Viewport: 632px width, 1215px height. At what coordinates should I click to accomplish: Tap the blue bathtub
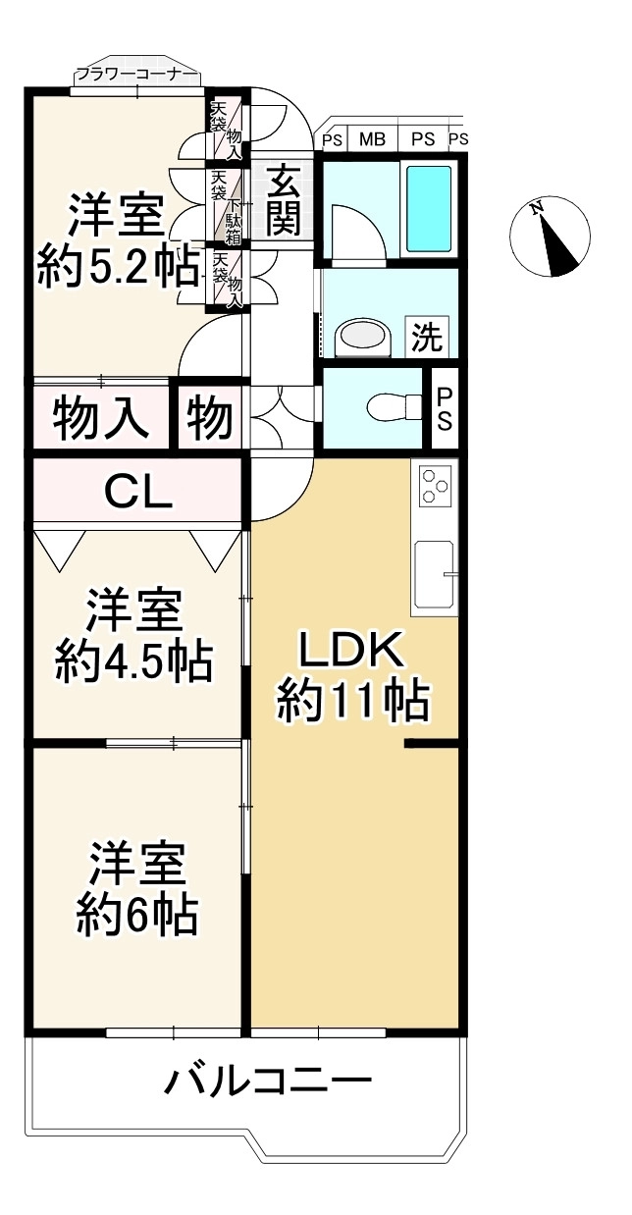coord(429,209)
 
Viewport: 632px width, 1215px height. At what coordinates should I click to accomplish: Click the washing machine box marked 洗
coord(427,338)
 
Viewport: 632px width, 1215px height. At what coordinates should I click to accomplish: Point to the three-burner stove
coord(436,483)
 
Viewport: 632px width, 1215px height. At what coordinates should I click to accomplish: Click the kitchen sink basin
coord(434,575)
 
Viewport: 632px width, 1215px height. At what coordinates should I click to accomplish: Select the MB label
coord(372,140)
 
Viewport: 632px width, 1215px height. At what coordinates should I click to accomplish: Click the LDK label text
coord(352,649)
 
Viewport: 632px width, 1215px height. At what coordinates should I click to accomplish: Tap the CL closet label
coord(137,492)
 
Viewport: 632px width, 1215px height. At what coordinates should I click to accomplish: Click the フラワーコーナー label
coord(136,75)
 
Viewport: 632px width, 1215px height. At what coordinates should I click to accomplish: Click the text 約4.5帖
coord(133,661)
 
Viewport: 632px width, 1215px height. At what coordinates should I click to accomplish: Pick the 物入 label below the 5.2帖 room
coord(101,418)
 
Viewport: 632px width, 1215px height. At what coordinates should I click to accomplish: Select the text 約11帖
coord(353,702)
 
